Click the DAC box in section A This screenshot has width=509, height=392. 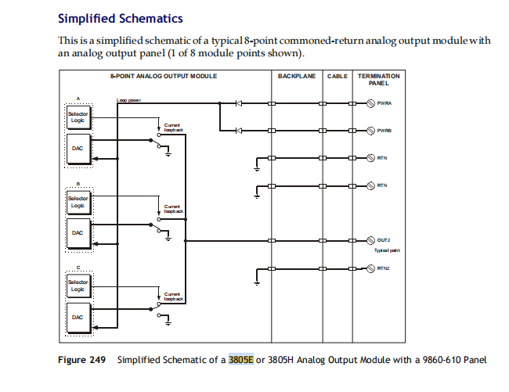click(x=78, y=149)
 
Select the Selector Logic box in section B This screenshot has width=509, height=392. click(x=78, y=203)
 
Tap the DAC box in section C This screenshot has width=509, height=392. click(x=78, y=317)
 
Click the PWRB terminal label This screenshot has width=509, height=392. click(x=384, y=131)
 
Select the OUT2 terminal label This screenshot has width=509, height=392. click(x=384, y=239)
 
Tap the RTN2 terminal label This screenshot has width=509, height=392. click(x=384, y=268)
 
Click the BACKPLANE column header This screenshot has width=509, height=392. click(x=296, y=76)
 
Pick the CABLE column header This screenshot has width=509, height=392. click(x=338, y=76)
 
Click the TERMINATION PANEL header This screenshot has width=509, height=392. click(x=379, y=79)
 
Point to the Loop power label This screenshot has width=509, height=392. click(x=128, y=100)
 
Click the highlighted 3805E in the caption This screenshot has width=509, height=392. click(x=241, y=360)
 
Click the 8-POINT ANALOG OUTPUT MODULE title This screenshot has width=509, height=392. click(x=164, y=76)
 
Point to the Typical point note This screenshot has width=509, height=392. click(x=386, y=250)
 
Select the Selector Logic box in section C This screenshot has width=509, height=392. click(x=78, y=285)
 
